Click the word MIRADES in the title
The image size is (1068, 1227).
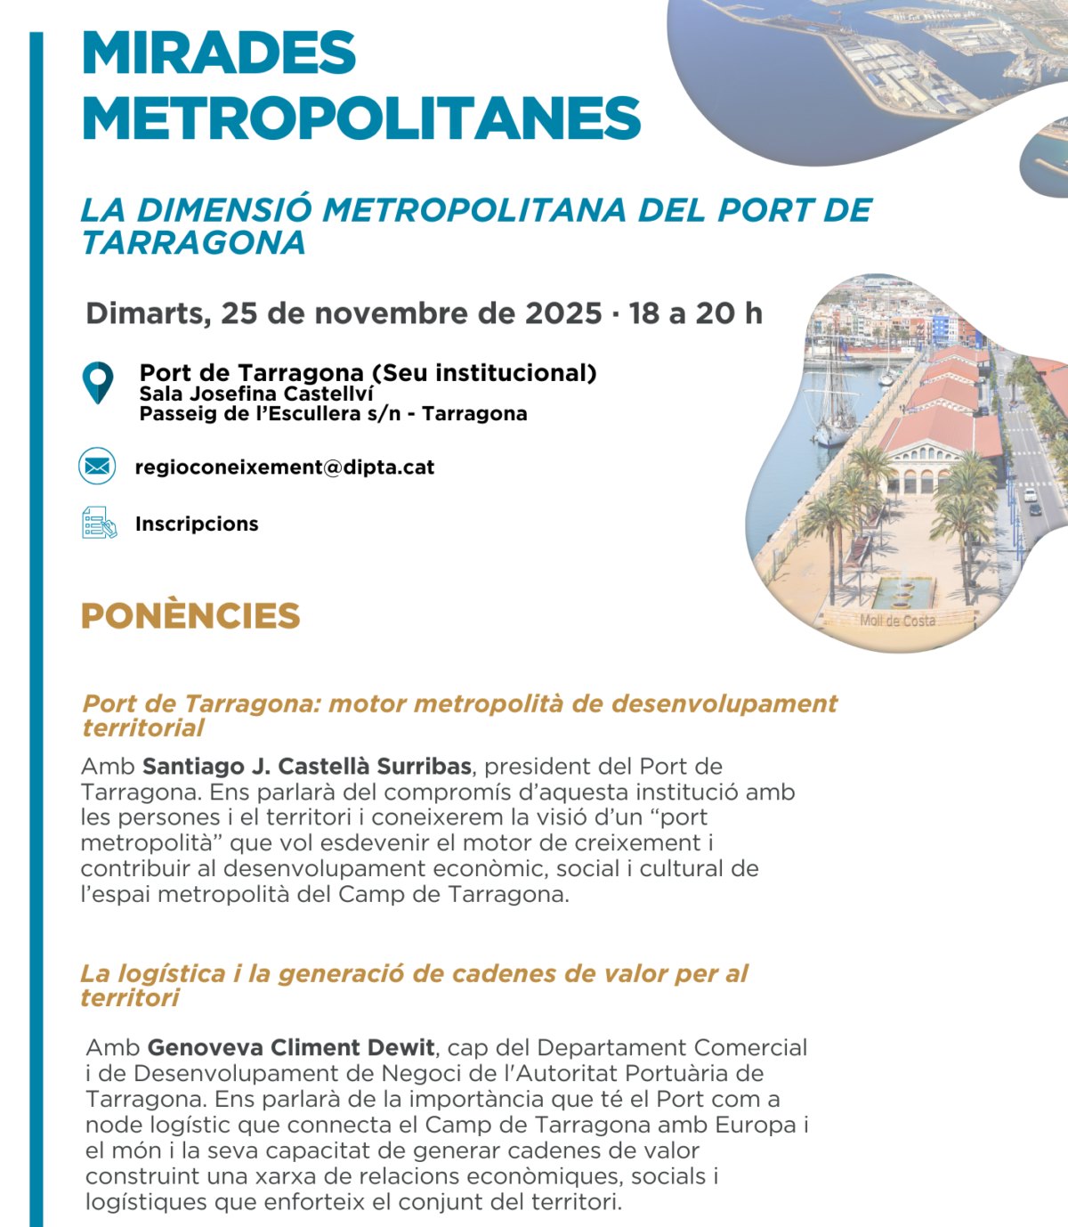click(219, 53)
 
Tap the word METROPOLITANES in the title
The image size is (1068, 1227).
click(361, 119)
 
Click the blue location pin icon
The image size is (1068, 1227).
click(98, 383)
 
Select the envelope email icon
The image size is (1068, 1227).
click(97, 466)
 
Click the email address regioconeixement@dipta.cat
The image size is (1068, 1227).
click(285, 467)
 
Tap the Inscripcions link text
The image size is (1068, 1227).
click(197, 524)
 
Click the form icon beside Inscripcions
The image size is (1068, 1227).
click(99, 524)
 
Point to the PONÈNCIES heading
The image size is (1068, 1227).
click(190, 616)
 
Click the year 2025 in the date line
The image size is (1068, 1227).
click(563, 313)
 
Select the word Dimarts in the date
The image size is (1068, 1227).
click(148, 313)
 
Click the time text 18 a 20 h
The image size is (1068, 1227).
click(695, 313)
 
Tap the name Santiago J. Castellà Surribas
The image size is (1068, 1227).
click(307, 767)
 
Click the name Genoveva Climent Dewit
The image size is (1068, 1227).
click(291, 1048)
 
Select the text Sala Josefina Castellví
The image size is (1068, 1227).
click(256, 394)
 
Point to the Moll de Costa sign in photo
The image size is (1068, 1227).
click(897, 621)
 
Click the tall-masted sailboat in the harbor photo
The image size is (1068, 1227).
click(831, 392)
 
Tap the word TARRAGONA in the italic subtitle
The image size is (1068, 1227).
click(194, 243)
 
